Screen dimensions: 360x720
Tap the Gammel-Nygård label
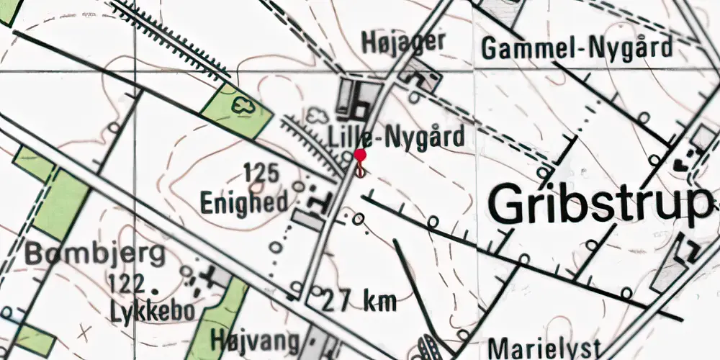[577, 48]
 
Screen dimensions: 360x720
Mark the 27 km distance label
[359, 300]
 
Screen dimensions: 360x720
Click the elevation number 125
[261, 173]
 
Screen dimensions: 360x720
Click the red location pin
[360, 156]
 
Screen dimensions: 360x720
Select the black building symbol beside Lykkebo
[211, 274]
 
